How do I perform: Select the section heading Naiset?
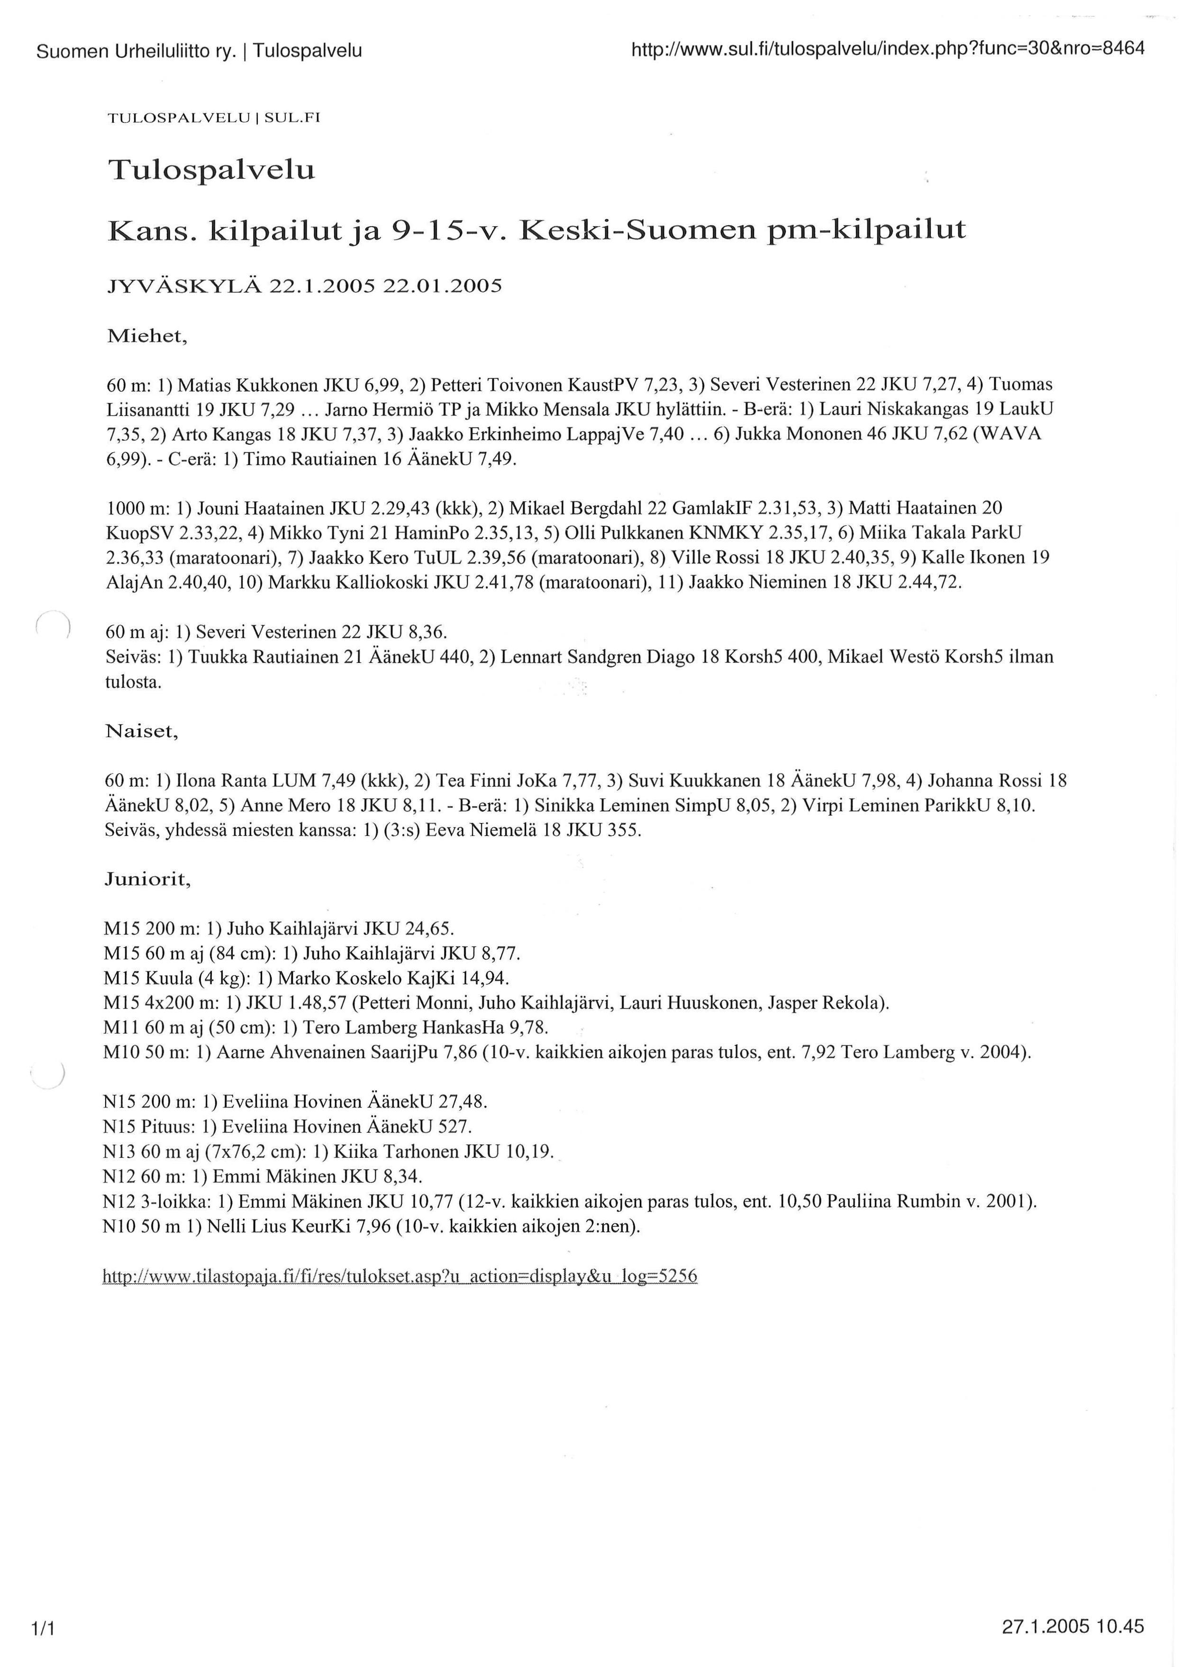pyautogui.click(x=141, y=731)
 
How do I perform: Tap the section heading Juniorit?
pyautogui.click(x=148, y=880)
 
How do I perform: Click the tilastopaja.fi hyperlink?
pyautogui.click(x=400, y=1276)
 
